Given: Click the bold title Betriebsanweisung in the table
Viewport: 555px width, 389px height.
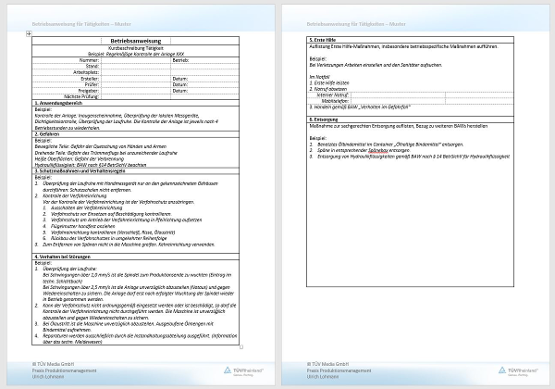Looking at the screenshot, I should coord(137,42).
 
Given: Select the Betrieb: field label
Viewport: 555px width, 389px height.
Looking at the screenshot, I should coord(180,60).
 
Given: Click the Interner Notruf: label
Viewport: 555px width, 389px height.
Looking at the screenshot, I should coord(334,94).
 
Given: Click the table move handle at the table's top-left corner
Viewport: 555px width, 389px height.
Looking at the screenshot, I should coord(30,35).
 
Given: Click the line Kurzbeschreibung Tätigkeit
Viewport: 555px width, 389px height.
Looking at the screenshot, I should coord(137,48).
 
